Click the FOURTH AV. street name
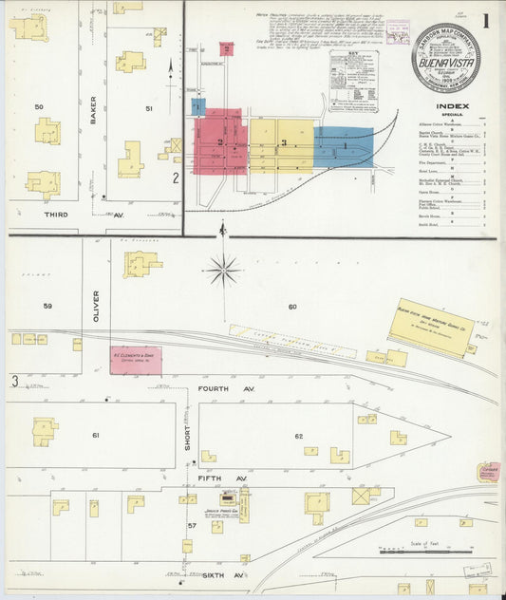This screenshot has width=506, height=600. (x=217, y=389)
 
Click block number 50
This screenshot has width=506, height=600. (x=39, y=107)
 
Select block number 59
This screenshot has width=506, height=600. (x=47, y=306)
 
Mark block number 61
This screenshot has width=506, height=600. (x=95, y=435)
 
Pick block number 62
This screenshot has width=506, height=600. (x=298, y=436)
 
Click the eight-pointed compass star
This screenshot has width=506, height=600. (x=223, y=271)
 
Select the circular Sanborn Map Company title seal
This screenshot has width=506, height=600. (x=445, y=57)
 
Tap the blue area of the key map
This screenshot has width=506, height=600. (x=343, y=146)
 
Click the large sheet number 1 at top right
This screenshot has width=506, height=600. (x=486, y=21)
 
